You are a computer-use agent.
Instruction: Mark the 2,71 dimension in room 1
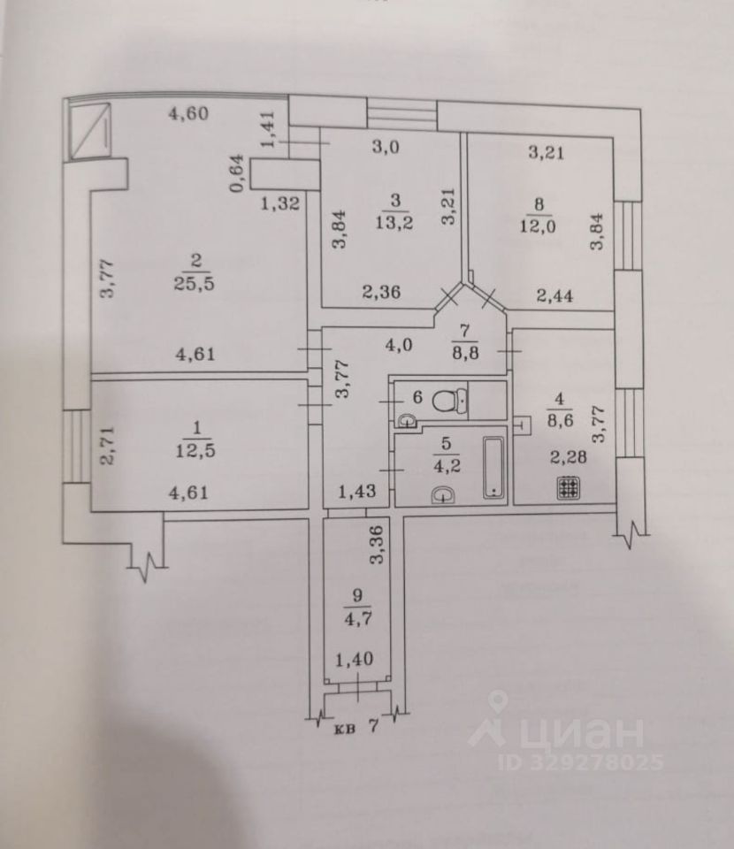108,445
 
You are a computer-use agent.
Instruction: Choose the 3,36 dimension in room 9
378,546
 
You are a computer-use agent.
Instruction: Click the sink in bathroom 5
441,497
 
